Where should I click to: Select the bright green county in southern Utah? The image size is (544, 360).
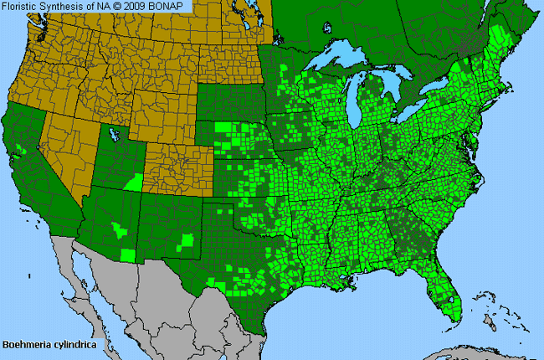(132, 182)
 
